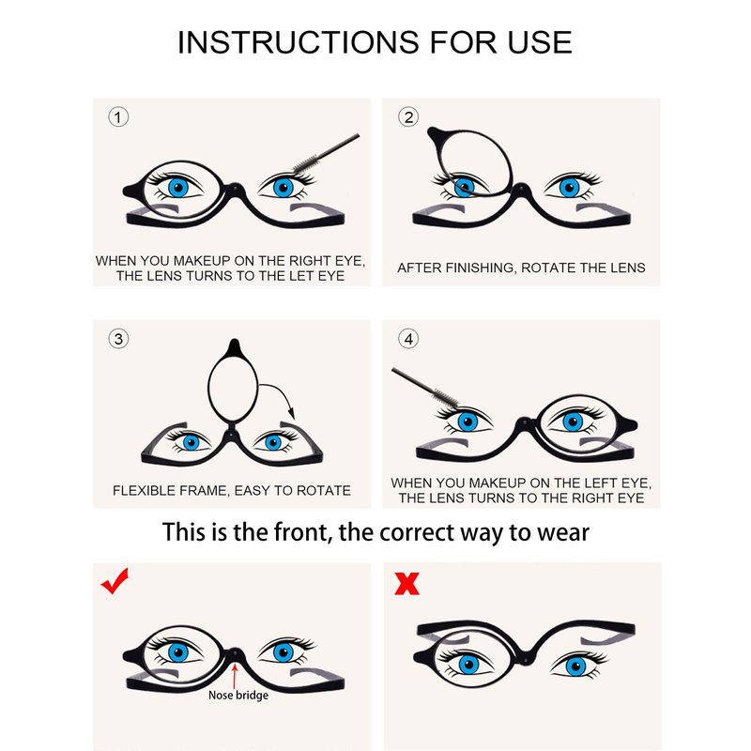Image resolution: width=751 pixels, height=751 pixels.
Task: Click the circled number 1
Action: point(118,116)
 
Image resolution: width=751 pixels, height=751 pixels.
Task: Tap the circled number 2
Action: point(408,116)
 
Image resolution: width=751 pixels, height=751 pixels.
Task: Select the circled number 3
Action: point(118,339)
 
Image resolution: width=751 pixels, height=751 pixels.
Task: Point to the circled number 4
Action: point(408,339)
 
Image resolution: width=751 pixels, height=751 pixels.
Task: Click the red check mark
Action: point(115,580)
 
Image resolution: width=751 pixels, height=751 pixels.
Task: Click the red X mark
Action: point(406,583)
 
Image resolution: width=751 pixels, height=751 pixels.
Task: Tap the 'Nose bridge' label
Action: point(238,695)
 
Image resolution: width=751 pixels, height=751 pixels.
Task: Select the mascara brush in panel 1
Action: point(326,153)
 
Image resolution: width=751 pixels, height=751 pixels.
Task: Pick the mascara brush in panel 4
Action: point(425,388)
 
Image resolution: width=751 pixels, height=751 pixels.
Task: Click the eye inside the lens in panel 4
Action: point(573,421)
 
